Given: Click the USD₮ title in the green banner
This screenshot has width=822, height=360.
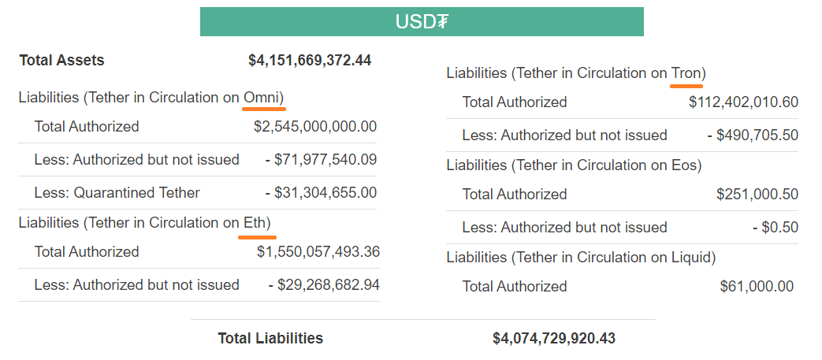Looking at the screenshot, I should [422, 21].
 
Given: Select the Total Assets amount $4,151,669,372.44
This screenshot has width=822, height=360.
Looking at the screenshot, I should [310, 60].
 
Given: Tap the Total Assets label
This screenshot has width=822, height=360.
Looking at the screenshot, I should [61, 60].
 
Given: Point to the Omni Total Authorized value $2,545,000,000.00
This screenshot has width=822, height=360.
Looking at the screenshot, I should [315, 126].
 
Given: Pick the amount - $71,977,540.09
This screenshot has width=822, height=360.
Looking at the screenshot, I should [321, 159].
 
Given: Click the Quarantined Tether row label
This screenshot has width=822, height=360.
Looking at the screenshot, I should [117, 192].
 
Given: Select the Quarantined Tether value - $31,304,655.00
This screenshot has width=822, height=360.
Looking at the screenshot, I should [321, 192].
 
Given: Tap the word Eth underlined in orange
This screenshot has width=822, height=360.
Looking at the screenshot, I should [255, 222].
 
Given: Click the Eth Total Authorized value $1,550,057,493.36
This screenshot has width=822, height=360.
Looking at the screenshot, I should [318, 251].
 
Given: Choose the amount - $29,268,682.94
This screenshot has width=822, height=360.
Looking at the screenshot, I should [324, 284].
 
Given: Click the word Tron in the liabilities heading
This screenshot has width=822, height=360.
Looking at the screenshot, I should [686, 72].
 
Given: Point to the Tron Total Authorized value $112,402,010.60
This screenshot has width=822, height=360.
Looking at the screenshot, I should [743, 102].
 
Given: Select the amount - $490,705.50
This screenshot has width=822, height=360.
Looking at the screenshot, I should [752, 135].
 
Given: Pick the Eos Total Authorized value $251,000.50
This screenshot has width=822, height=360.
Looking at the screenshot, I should [757, 194].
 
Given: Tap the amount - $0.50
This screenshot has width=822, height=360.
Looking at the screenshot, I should [776, 227].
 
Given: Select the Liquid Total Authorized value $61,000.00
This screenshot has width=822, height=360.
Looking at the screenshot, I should [757, 286].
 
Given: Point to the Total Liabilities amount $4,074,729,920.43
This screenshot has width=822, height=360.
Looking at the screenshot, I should [554, 338].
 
